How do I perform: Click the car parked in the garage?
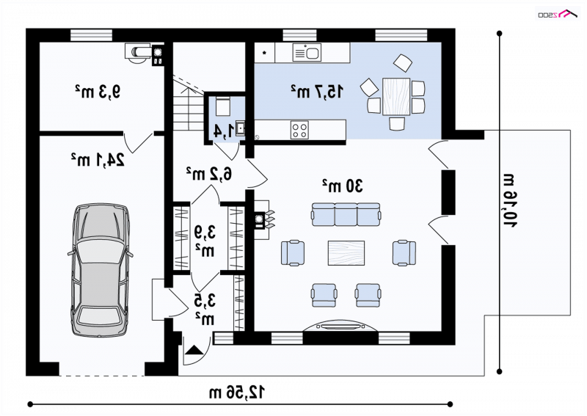coord(100,270)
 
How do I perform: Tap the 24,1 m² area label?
coord(98,160)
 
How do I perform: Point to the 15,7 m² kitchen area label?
coord(316,92)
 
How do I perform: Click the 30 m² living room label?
coord(342,186)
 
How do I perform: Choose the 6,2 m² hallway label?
coord(209,173)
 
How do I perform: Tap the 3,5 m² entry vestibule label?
coord(205,310)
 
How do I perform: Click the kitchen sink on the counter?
coord(307,52)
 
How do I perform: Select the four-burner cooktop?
coord(299,131)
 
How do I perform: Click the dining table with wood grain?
coord(396,96)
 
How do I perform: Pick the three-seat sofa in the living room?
coord(346,214)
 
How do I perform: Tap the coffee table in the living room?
coord(346,252)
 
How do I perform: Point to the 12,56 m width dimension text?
coord(236,392)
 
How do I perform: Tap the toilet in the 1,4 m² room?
coord(224,106)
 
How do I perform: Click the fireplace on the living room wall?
coord(262,220)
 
